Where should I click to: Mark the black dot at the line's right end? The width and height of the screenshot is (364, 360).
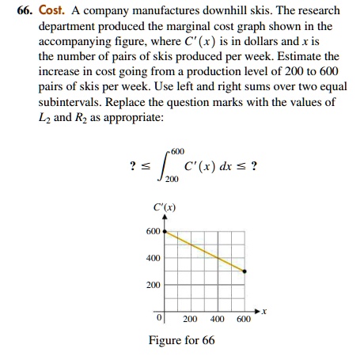pyautogui.click(x=244, y=271)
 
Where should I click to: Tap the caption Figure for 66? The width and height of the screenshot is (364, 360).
pyautogui.click(x=181, y=340)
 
